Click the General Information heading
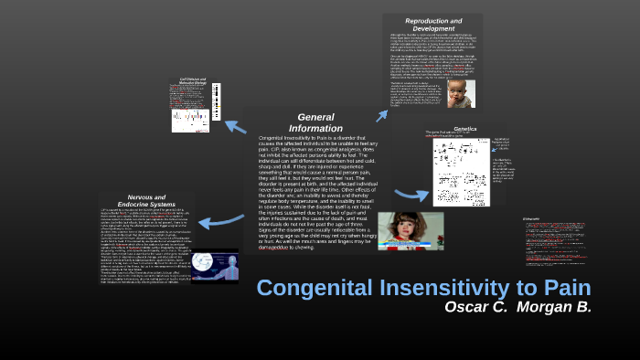315,122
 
